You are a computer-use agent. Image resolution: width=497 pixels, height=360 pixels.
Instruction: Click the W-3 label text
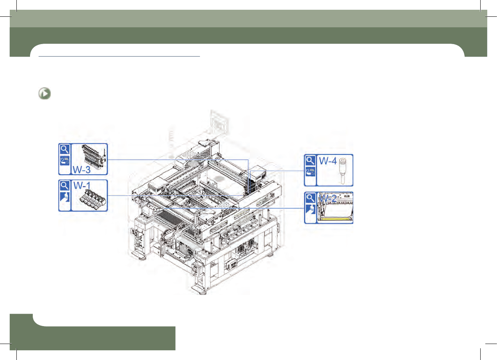(81, 170)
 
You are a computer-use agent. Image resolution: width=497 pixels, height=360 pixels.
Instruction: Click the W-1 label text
(82, 185)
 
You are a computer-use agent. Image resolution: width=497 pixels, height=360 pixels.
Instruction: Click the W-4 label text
(328, 161)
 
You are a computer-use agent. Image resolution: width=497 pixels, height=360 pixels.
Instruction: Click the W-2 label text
(328, 198)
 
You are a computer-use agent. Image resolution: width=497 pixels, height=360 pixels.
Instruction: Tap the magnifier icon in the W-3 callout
(65, 149)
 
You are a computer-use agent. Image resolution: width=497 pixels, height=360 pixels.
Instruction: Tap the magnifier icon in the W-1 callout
(65, 186)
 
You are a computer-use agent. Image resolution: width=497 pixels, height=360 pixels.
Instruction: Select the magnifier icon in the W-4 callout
(310, 160)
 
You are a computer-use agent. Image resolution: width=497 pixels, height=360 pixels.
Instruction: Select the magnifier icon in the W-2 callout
(310, 198)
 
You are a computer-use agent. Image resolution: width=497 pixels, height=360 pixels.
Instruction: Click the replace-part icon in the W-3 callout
(65, 160)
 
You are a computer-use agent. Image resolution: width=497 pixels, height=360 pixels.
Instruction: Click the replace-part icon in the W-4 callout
(310, 172)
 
